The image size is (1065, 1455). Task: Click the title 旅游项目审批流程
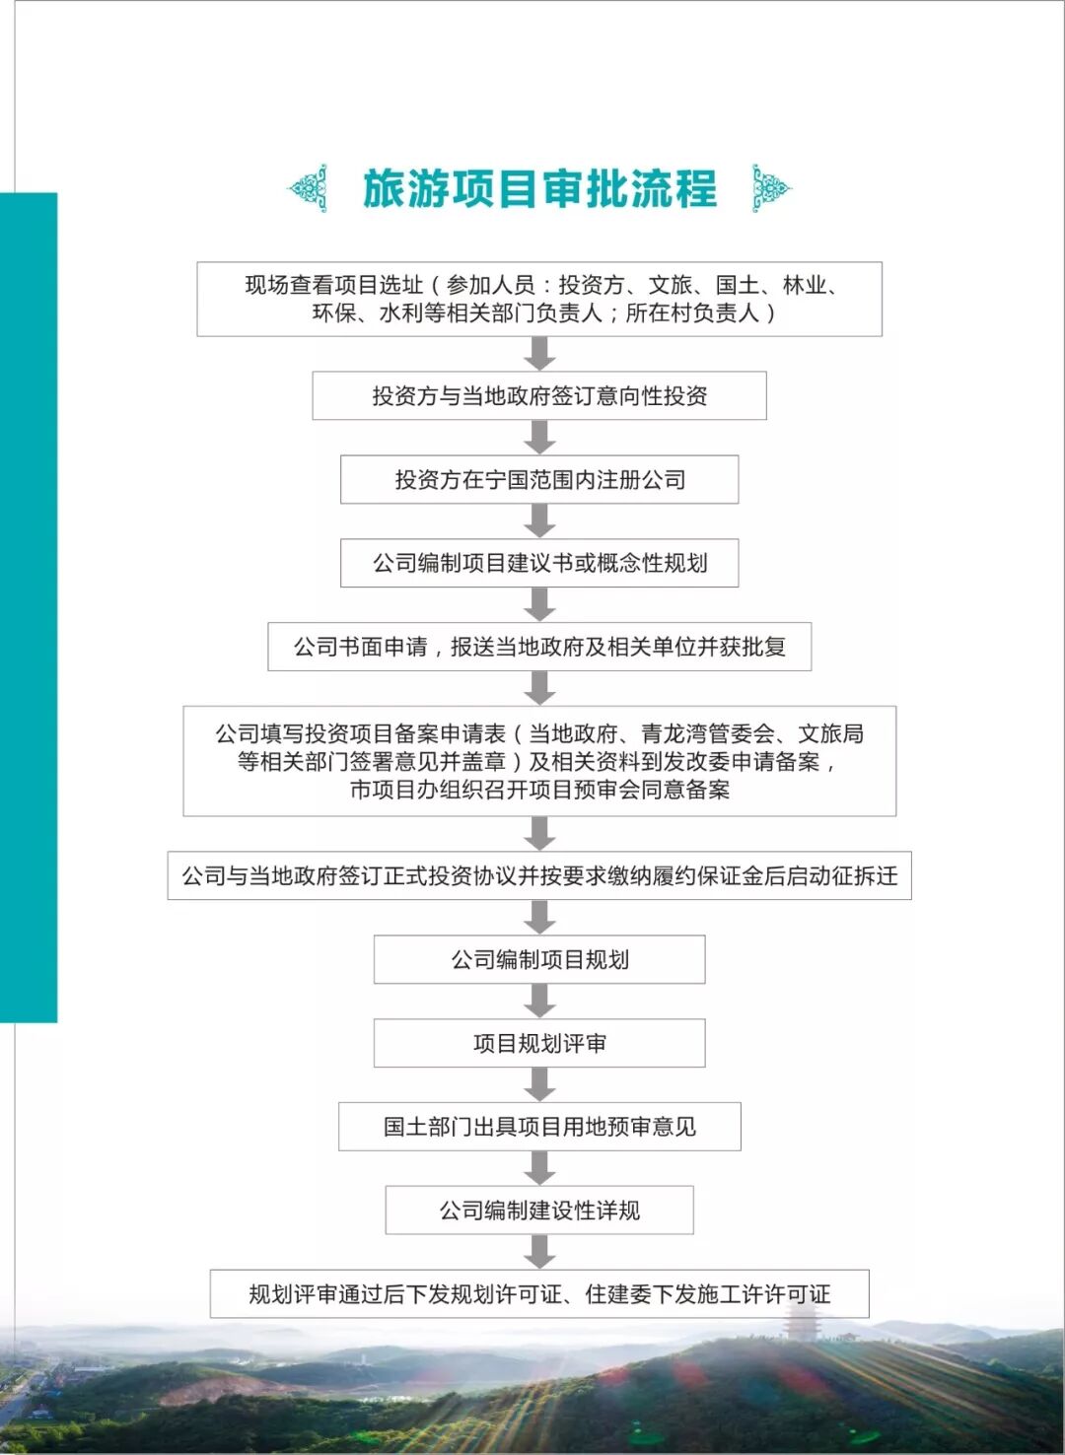[539, 188]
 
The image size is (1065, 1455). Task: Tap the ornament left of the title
[309, 188]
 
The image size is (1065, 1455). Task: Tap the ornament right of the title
[770, 188]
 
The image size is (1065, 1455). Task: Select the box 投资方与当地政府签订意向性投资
[539, 396]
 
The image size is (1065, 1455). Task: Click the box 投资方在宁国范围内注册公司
[539, 480]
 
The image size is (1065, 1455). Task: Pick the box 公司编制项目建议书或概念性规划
[539, 563]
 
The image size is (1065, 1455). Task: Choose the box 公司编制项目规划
[539, 959]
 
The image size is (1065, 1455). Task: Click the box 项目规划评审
[539, 1043]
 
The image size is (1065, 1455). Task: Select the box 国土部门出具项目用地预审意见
[539, 1127]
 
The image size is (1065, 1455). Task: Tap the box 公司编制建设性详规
[539, 1211]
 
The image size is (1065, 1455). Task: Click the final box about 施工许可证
[539, 1294]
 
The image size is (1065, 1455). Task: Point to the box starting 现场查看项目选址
[539, 299]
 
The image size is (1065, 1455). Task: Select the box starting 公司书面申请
[539, 647]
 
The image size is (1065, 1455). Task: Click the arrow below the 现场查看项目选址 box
[539, 354]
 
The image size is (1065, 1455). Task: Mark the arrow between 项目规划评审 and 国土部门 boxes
[539, 1084]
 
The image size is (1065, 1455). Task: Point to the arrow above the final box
[539, 1252]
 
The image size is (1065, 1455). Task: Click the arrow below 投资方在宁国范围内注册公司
[539, 520]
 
